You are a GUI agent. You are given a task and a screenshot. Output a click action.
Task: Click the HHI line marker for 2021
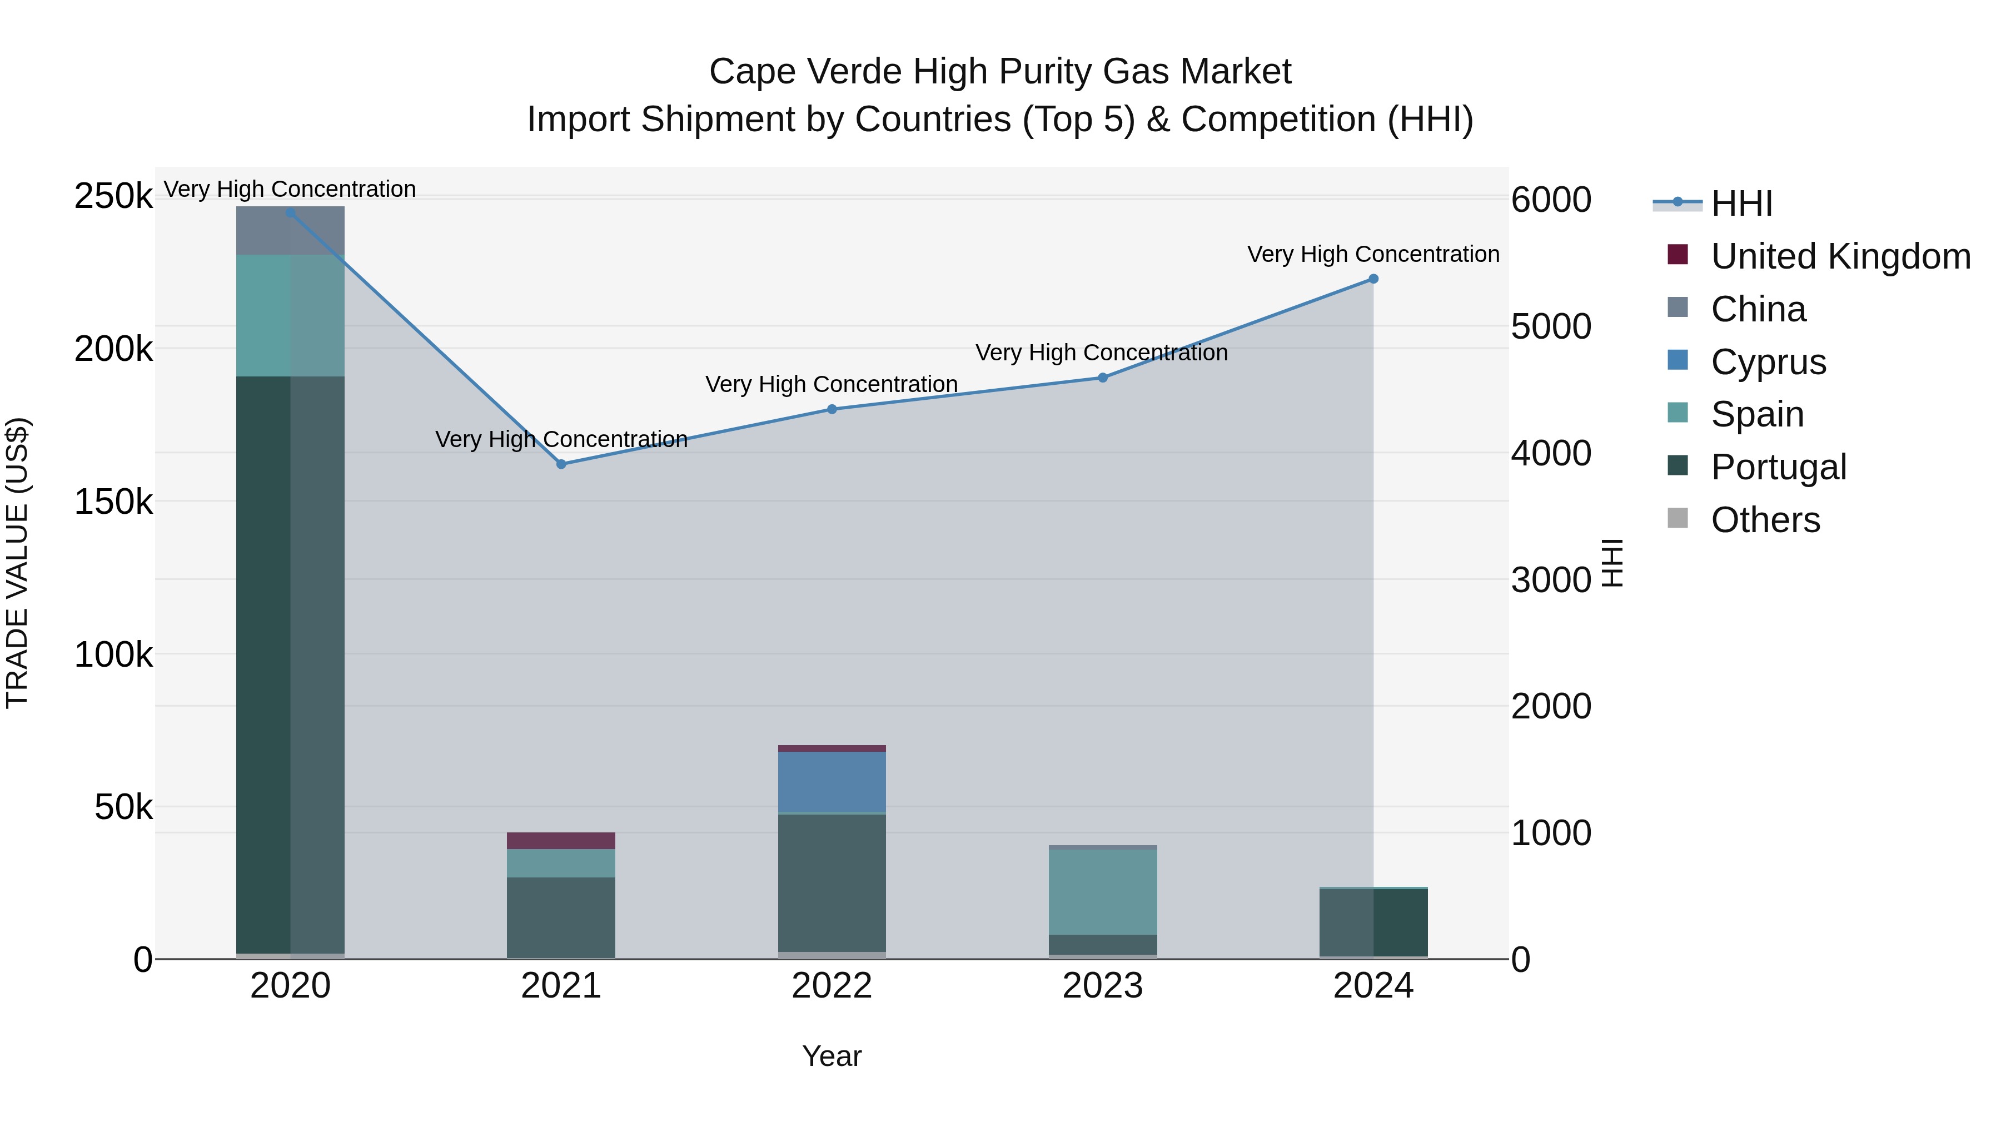point(561,464)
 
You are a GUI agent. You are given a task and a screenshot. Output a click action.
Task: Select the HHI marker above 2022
point(831,409)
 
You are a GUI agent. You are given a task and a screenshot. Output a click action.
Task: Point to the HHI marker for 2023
point(1102,378)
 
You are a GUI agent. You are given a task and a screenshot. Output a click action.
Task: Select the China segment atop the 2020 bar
point(290,231)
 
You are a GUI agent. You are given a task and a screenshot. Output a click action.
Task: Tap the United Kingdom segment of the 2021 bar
point(561,840)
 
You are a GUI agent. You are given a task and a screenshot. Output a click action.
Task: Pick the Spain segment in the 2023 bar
point(1102,891)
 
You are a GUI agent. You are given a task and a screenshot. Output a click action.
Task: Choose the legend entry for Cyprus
point(1768,362)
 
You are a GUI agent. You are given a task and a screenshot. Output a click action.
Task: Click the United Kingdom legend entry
point(1839,256)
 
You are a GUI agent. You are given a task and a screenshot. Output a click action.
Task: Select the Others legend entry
point(1765,520)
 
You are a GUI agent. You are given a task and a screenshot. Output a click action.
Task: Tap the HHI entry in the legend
point(1741,204)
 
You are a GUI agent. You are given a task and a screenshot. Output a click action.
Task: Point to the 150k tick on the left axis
point(113,502)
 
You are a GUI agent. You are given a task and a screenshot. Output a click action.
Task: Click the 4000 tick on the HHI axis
point(1550,453)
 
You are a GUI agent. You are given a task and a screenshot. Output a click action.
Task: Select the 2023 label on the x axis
point(1102,986)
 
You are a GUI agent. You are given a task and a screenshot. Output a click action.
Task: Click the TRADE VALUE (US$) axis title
point(17,563)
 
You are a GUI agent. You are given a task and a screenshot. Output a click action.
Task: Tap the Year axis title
point(831,1056)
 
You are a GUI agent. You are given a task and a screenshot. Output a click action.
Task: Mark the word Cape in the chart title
point(751,72)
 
